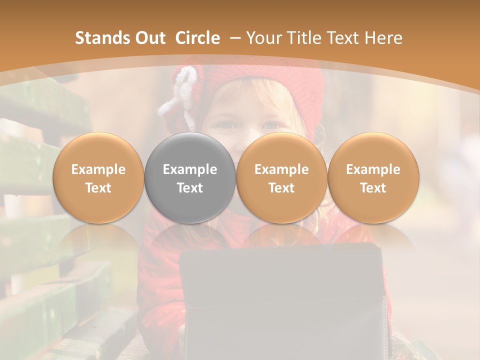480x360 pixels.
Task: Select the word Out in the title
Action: (148, 38)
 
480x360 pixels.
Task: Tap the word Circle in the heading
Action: (197, 38)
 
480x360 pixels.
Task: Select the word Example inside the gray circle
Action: (190, 169)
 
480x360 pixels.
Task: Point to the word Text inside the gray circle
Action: (190, 188)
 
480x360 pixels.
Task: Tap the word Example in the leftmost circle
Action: (98, 169)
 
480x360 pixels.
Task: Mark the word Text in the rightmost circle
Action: (373, 188)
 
